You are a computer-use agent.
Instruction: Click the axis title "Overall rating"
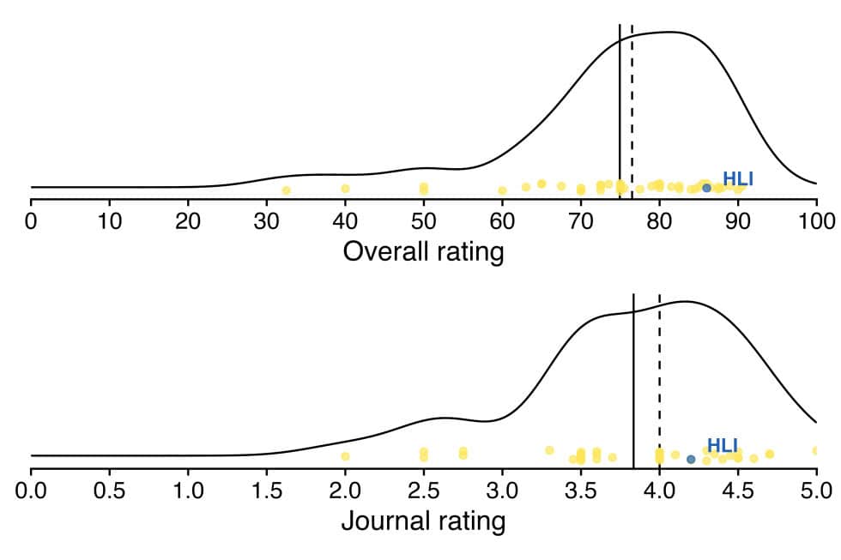423,252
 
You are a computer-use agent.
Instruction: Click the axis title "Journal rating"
423,521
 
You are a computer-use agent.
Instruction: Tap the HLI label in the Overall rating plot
737,179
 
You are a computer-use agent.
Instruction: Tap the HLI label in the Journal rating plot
722,445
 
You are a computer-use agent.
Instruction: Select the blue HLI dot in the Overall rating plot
706,187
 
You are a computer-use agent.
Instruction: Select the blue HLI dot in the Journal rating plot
691,459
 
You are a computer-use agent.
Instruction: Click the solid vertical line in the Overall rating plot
620,103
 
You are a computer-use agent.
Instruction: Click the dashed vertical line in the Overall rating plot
632,103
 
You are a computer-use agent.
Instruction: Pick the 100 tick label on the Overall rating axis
816,221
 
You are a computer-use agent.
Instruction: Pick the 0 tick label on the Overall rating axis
31,221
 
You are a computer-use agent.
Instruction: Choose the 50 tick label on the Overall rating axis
423,221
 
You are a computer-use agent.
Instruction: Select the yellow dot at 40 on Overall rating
345,188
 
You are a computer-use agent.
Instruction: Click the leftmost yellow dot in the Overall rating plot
286,190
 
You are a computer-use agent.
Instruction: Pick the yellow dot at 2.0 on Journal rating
345,456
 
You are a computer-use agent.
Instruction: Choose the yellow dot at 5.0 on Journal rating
815,449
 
